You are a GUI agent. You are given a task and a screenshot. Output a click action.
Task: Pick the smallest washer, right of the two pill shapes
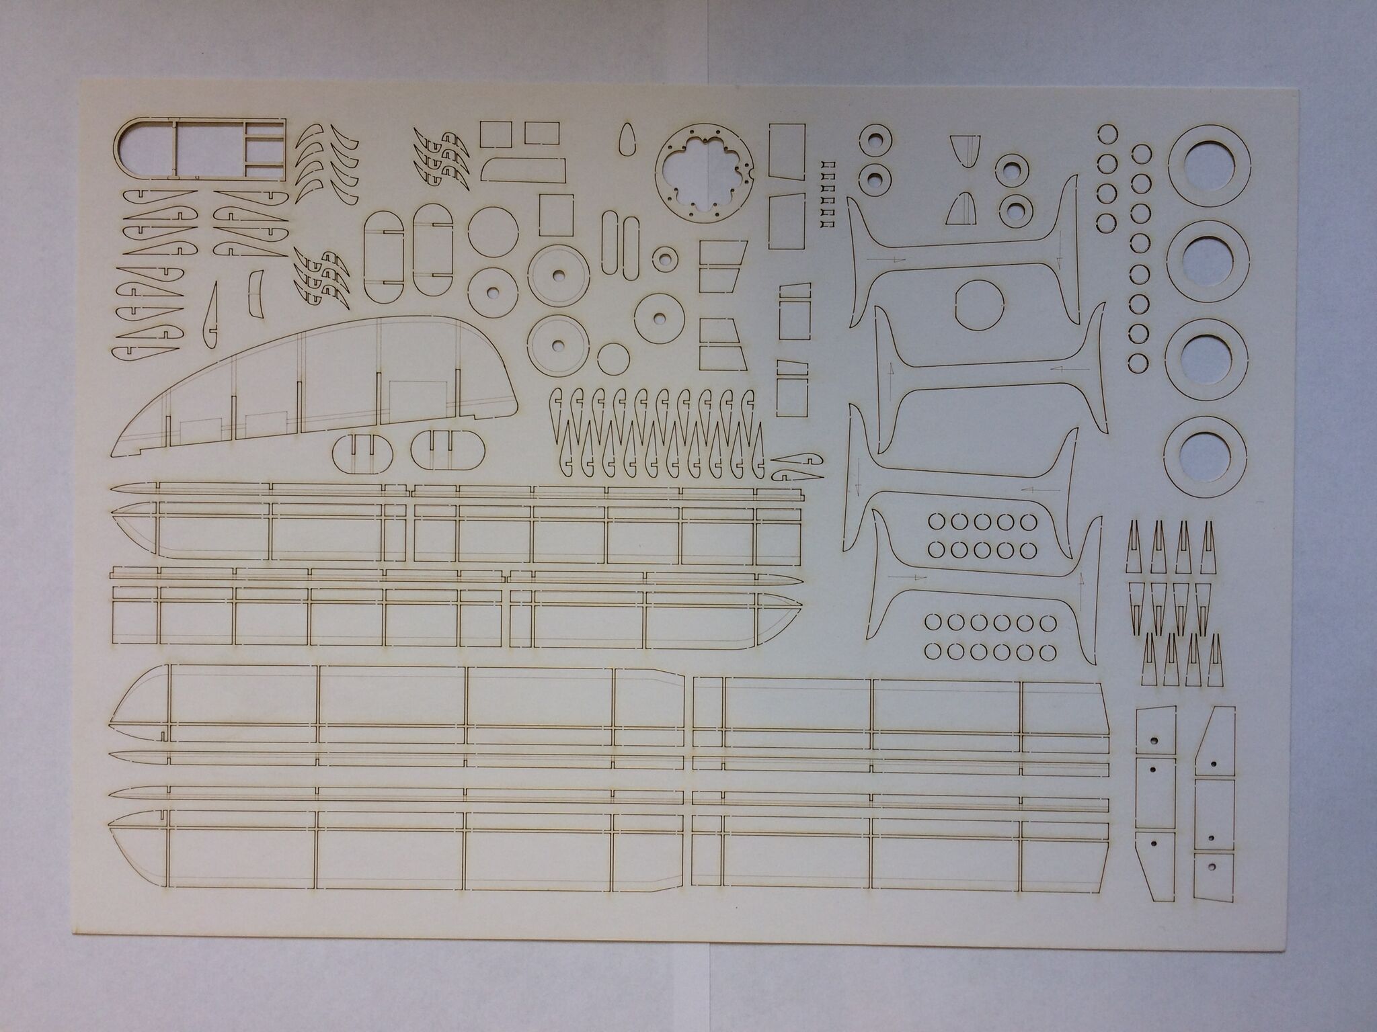click(666, 258)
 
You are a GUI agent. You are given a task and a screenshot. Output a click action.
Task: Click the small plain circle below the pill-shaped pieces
click(613, 359)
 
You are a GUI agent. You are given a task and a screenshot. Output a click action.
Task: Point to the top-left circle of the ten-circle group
click(935, 521)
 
